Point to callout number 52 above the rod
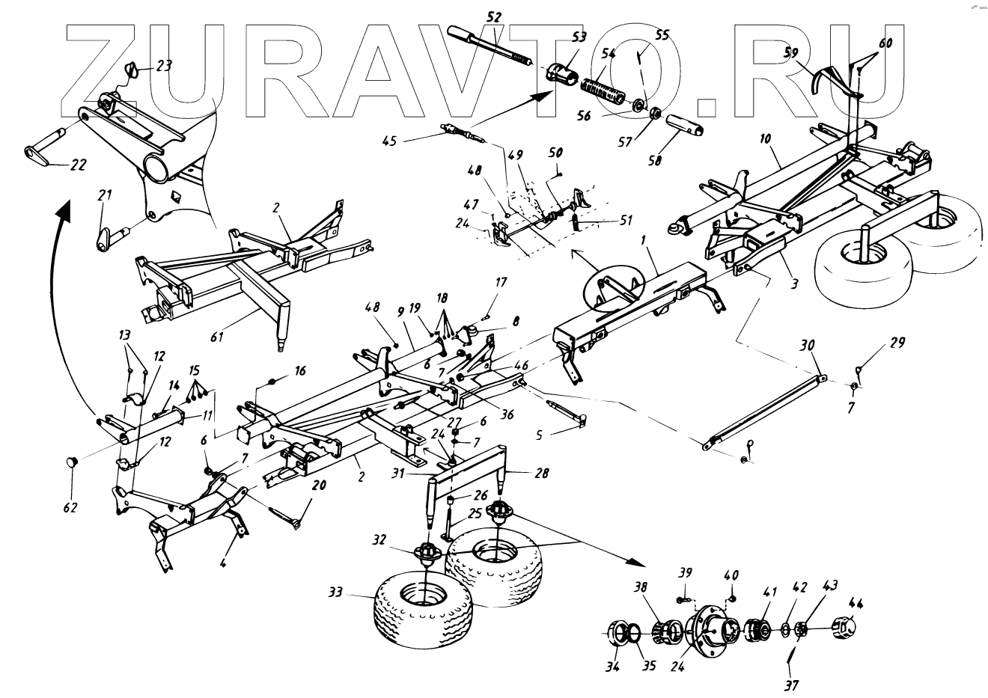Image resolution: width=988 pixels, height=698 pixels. tap(493, 16)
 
